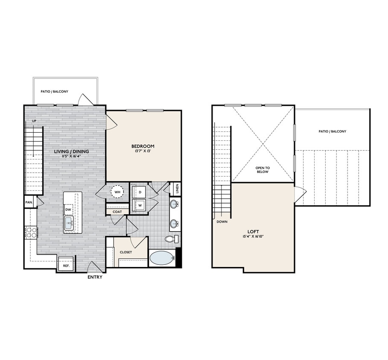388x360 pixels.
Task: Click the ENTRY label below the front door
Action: (95, 277)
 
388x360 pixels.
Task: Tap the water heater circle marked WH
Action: (117, 192)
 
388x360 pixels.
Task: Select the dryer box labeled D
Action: (139, 192)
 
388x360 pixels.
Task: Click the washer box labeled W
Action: (139, 205)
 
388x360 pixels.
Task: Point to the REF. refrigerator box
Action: (66, 265)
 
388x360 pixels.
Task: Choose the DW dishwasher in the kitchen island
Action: (68, 209)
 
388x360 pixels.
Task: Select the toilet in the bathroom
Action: (170, 239)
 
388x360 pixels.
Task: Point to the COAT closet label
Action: (117, 212)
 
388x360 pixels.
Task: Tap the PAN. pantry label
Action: (29, 202)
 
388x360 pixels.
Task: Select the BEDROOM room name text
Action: (143, 146)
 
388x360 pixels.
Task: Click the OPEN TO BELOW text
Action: (263, 170)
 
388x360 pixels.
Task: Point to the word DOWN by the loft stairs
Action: (222, 222)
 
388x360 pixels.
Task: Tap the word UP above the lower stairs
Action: (34, 121)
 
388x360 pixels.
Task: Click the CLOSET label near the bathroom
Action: (126, 252)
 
